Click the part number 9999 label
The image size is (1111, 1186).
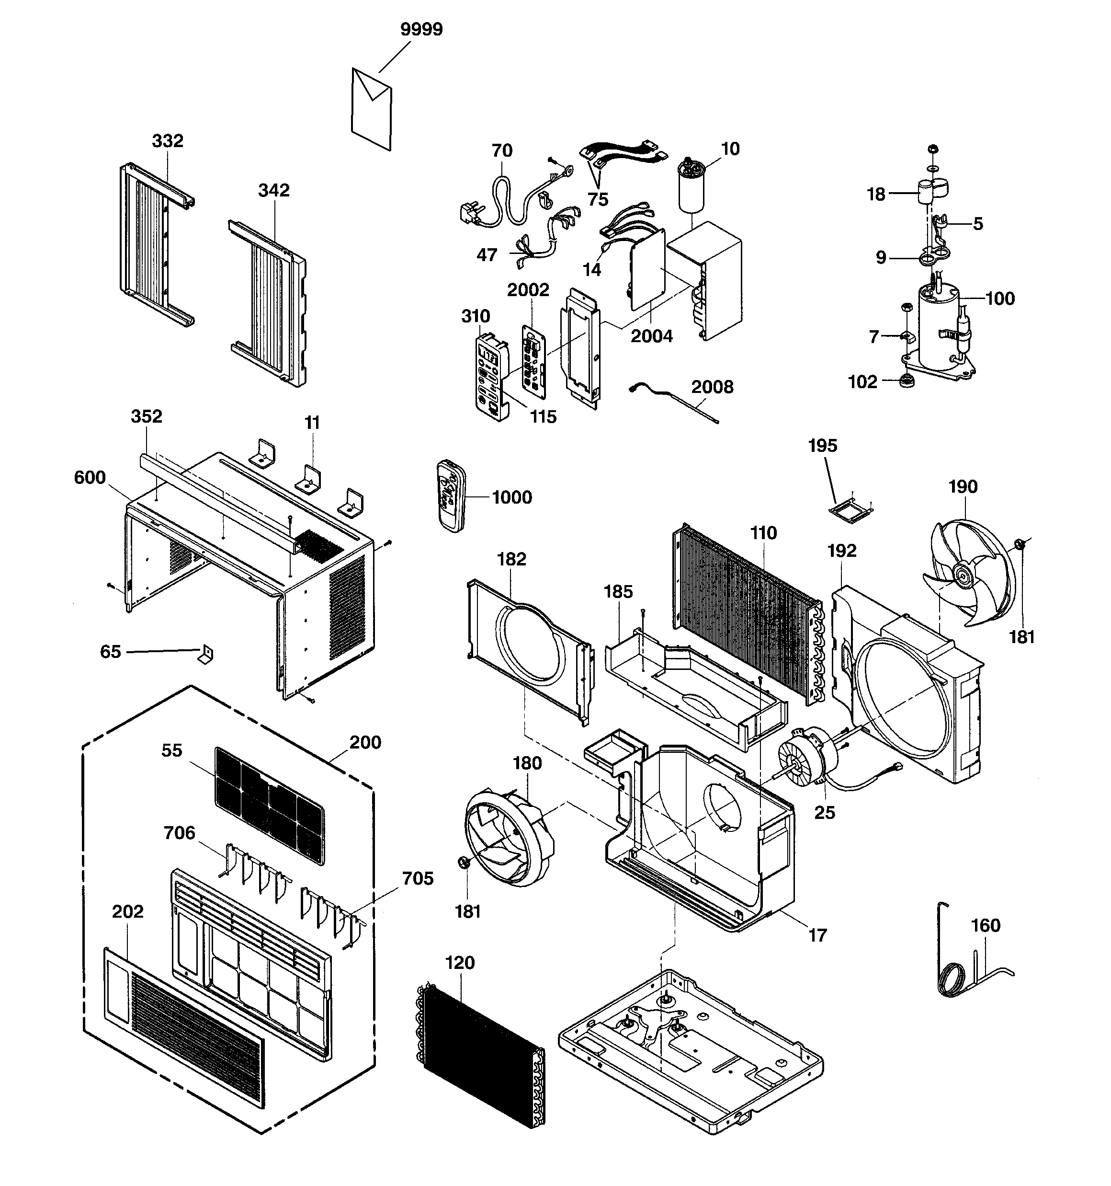pyautogui.click(x=421, y=29)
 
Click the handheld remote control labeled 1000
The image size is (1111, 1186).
pyautogui.click(x=450, y=495)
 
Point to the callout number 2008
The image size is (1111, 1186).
pyautogui.click(x=712, y=387)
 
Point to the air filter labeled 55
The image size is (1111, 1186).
pyautogui.click(x=270, y=806)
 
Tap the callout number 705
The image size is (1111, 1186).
pyautogui.click(x=418, y=878)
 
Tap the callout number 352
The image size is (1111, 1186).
pyautogui.click(x=146, y=416)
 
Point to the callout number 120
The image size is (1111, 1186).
pyautogui.click(x=460, y=963)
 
